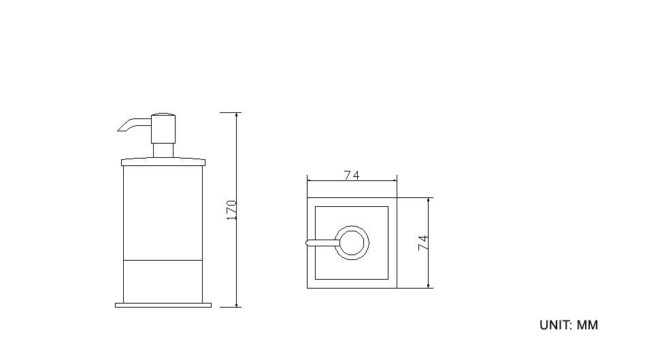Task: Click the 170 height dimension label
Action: click(232, 210)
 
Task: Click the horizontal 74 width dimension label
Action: click(352, 176)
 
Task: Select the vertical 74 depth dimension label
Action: click(423, 243)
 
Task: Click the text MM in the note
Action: click(587, 325)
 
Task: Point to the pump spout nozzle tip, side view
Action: click(119, 130)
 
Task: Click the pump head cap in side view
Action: click(163, 129)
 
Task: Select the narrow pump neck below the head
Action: click(163, 150)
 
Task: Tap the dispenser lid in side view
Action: click(163, 162)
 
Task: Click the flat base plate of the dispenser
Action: click(163, 305)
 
